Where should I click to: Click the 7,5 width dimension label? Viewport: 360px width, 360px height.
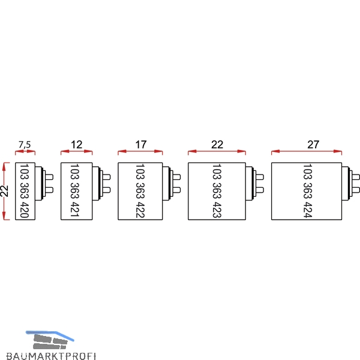[x=25, y=145]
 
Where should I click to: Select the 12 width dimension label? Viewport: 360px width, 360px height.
[x=76, y=145]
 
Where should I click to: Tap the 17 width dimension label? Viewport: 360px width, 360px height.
[x=140, y=145]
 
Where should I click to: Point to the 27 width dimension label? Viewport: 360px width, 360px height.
[x=313, y=145]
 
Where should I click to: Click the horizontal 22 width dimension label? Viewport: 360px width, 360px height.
[x=217, y=145]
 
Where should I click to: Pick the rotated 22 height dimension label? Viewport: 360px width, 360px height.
[x=5, y=191]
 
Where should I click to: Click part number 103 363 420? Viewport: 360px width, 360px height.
[x=25, y=191]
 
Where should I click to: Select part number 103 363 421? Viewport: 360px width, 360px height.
[x=74, y=190]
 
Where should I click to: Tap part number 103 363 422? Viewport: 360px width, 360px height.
[x=140, y=191]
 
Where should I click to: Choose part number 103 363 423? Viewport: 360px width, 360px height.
[x=217, y=191]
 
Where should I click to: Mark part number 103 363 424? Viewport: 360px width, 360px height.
[x=308, y=191]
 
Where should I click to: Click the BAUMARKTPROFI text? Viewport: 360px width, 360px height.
[x=51, y=356]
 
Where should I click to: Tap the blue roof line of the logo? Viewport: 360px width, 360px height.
[x=50, y=335]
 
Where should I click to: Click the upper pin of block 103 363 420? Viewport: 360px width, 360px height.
[x=50, y=177]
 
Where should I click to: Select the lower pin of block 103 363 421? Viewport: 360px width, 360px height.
[x=107, y=190]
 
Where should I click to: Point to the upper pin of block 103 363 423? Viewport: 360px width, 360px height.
[x=260, y=177]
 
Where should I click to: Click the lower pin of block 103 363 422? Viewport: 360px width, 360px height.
[x=176, y=190]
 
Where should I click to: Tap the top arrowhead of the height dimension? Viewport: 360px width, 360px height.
[x=4, y=166]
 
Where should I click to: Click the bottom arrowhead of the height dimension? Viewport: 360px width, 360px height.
[x=4, y=216]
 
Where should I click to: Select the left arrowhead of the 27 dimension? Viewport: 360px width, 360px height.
[x=275, y=151]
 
